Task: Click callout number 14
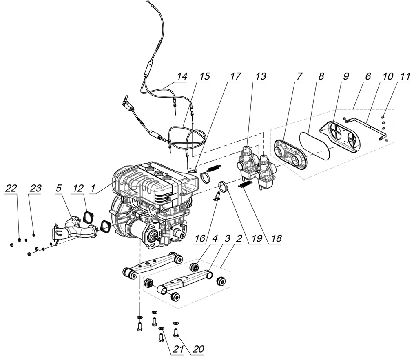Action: pos(182,76)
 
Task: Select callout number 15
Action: pos(205,76)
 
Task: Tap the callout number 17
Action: pos(235,76)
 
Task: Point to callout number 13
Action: pos(261,76)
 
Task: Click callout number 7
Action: pos(299,76)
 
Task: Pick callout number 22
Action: pos(12,188)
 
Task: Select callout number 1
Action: pos(93,188)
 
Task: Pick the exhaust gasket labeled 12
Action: pos(87,216)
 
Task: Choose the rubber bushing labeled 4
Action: pos(195,267)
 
